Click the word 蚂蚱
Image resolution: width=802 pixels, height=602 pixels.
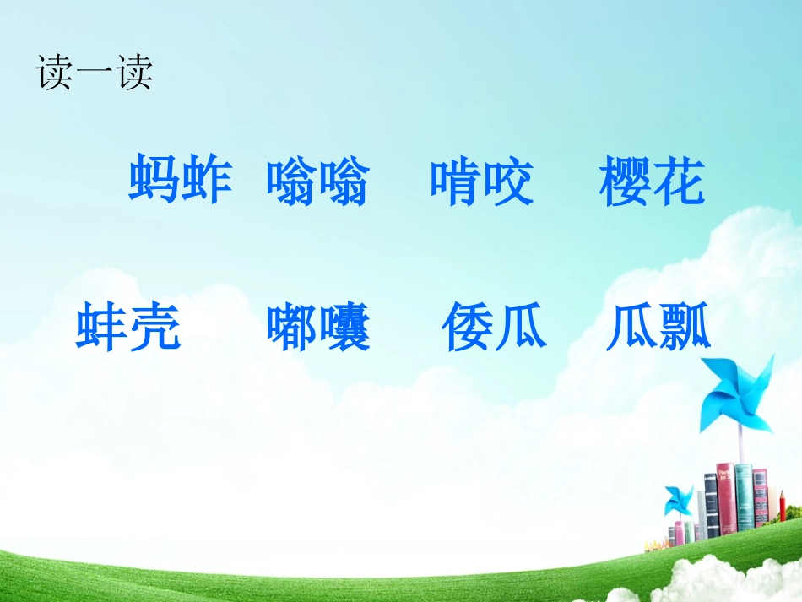(x=180, y=181)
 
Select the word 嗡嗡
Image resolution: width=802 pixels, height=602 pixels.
(x=317, y=182)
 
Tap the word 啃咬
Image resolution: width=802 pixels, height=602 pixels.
(x=481, y=182)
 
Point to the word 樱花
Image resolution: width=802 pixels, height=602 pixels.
(x=651, y=182)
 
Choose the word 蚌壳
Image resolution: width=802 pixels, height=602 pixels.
(x=128, y=328)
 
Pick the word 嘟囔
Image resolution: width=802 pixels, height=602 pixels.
(x=318, y=328)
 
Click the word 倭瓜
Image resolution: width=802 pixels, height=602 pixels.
(x=494, y=328)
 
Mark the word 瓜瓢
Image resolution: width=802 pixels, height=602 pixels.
(x=658, y=328)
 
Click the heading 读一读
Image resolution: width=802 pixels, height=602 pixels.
(x=94, y=73)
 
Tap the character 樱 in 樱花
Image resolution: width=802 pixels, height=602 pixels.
(x=625, y=182)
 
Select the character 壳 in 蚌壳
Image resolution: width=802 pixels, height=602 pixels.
(x=155, y=328)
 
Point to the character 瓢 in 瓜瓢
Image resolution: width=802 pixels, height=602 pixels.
(x=685, y=328)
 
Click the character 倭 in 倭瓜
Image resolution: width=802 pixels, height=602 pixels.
(x=468, y=328)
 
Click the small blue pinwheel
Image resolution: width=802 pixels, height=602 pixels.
(x=677, y=500)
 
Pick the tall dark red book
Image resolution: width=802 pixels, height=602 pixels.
(x=725, y=498)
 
